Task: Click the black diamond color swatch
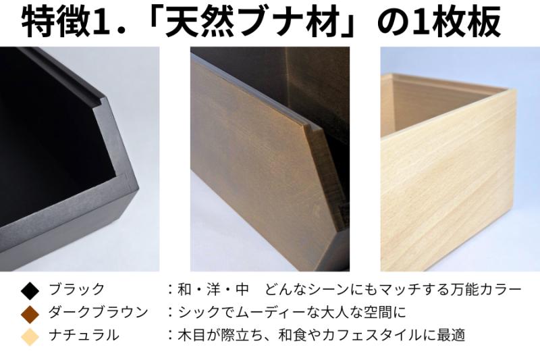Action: click(30, 290)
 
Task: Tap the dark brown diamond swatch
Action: click(30, 313)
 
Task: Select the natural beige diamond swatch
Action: click(30, 335)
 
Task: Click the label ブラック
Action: click(76, 290)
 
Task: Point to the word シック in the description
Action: click(196, 313)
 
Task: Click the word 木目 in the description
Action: click(191, 335)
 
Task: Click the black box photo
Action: click(80, 159)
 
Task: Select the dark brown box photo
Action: click(269, 159)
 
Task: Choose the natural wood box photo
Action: click(460, 159)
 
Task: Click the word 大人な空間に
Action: click(367, 313)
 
